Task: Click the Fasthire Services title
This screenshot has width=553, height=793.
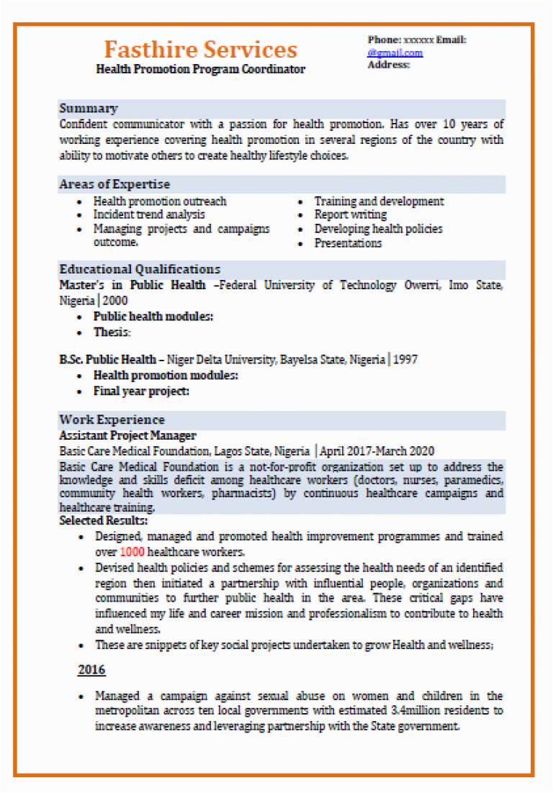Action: pos(200,50)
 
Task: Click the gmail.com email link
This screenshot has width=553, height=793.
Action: pos(395,53)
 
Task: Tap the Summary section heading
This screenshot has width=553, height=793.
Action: pos(89,109)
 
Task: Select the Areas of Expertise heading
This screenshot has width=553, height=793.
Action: pos(114,184)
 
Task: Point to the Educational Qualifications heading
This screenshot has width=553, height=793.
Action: pos(140,269)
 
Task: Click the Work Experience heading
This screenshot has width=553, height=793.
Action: pos(112,420)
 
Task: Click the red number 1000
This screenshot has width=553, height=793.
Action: pos(132,552)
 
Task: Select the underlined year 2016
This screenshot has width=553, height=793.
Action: pos(91,671)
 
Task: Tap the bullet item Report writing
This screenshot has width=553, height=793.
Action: pos(350,214)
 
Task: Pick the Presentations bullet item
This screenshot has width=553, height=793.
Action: pos(348,243)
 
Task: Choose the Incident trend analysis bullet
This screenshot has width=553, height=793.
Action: pos(149,214)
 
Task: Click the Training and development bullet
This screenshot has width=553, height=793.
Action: pos(379,201)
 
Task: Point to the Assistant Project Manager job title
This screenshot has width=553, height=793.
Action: pos(127,436)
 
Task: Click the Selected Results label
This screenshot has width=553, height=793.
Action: pos(104,520)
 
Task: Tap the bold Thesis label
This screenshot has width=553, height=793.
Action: pos(112,332)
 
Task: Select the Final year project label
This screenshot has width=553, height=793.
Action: pos(141,391)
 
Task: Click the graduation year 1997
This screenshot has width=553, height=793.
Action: pos(405,359)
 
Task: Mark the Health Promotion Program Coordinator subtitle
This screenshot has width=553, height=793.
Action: pos(201,70)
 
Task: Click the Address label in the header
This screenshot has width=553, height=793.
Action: pos(389,65)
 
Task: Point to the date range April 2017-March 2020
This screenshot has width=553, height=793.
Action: pos(377,451)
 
